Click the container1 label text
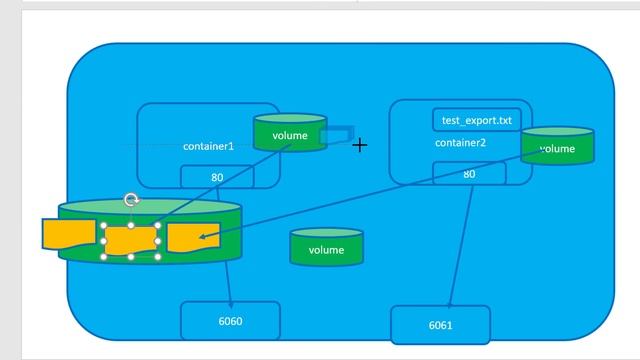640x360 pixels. [208, 146]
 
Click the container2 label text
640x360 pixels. [460, 143]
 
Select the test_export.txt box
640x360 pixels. [476, 121]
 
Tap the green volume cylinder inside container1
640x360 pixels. [289, 134]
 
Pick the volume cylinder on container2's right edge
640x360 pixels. [557, 148]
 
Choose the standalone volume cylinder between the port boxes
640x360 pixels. [326, 249]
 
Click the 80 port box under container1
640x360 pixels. [217, 177]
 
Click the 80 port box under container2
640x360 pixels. [469, 174]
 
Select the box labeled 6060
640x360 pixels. [230, 321]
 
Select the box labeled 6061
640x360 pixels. [441, 326]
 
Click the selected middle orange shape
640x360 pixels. [132, 240]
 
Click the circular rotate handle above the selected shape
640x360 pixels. [131, 201]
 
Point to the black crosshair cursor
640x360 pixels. [359, 145]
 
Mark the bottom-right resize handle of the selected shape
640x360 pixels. [160, 256]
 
